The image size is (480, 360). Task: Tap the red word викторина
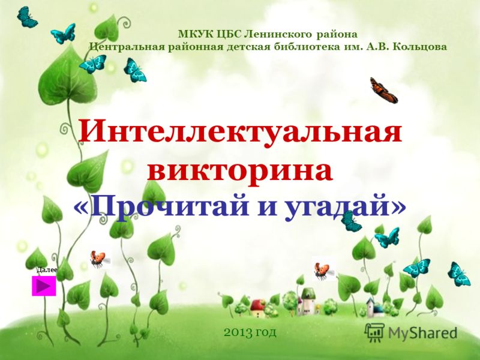point(240,170)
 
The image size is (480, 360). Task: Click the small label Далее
point(47,269)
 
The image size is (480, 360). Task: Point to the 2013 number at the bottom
point(238,332)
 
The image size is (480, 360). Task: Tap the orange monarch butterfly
point(383,90)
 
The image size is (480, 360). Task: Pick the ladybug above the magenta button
point(98,259)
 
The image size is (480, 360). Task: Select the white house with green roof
point(307,301)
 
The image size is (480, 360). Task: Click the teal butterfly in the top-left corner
point(26,17)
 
